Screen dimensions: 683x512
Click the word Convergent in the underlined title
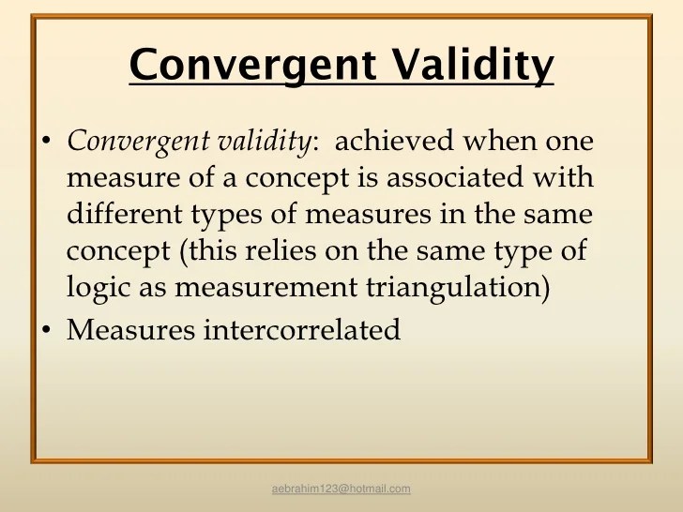click(252, 65)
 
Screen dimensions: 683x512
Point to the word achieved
click(394, 141)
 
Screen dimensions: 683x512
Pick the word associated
click(455, 177)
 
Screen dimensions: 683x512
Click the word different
click(125, 214)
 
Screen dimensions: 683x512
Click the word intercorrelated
click(302, 329)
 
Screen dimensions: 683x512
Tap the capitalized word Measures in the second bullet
click(130, 329)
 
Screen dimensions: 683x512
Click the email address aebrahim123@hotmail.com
click(341, 489)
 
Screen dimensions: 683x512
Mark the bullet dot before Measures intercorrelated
click(46, 330)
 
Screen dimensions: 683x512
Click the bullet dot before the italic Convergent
click(46, 141)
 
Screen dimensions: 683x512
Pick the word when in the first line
click(500, 141)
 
